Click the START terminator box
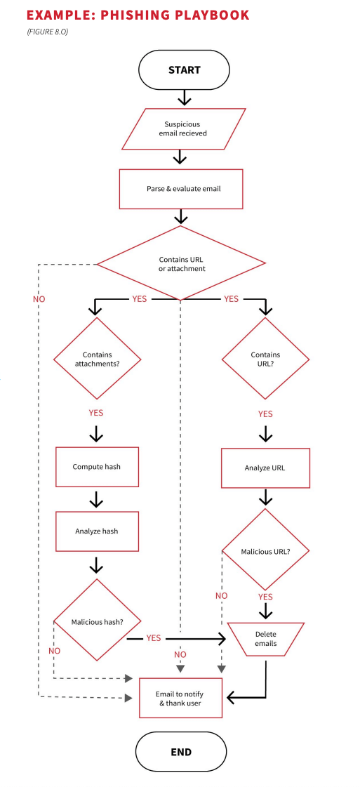coord(184,70)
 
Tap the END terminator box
coord(180,751)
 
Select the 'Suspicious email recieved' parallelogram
coord(183,128)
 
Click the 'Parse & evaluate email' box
coord(181,189)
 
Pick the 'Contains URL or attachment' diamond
coord(181,264)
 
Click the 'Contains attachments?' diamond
coord(97,359)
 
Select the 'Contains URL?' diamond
coord(265,359)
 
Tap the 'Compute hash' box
coord(97,467)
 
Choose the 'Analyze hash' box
coord(97,531)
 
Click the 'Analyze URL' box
coord(265,468)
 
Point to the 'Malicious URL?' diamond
coord(265,550)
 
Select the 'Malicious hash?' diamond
coord(97,621)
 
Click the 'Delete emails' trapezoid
coord(265,639)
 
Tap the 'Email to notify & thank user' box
coord(180,698)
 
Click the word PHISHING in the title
coord(140,15)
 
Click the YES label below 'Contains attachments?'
coord(96,413)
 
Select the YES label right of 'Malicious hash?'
coord(153,638)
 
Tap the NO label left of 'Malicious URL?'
coord(221,595)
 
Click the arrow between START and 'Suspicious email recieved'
coord(184,97)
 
